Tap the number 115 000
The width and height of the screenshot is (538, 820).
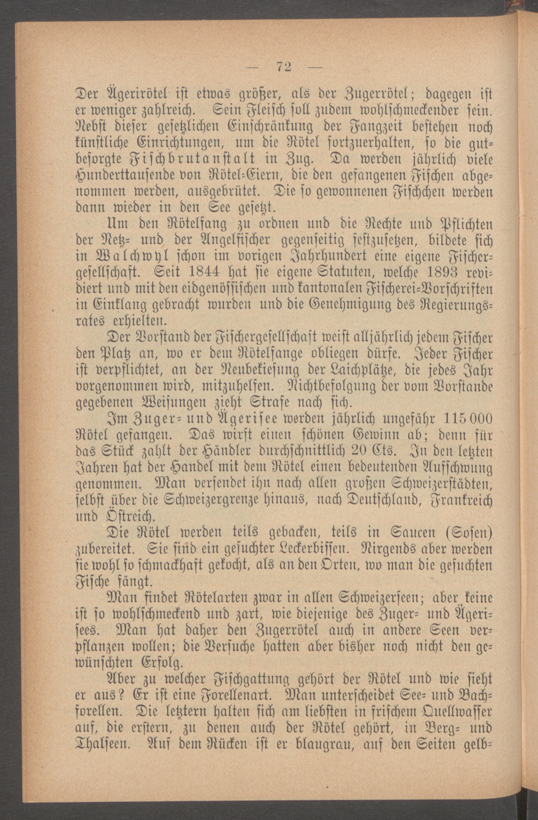[x=468, y=419]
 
